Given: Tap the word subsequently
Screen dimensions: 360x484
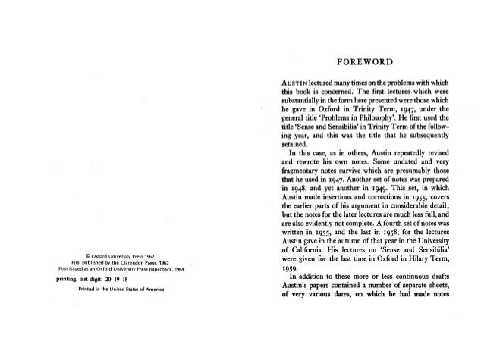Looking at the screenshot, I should tap(426, 145).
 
